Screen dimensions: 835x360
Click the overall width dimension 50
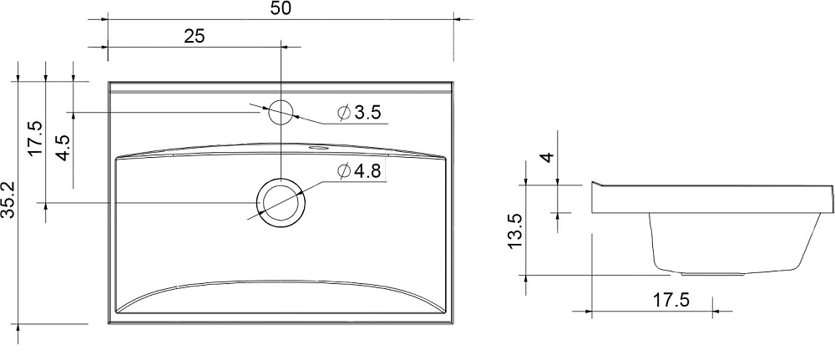(x=281, y=9)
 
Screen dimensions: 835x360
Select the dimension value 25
(x=195, y=36)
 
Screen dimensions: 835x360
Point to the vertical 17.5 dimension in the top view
(x=36, y=138)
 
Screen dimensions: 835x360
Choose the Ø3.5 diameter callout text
(x=360, y=113)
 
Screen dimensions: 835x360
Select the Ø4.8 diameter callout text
(x=360, y=171)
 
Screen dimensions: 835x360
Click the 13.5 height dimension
(x=516, y=231)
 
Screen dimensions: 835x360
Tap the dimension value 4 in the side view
(x=548, y=158)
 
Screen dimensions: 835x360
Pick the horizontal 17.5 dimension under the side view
(x=671, y=300)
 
